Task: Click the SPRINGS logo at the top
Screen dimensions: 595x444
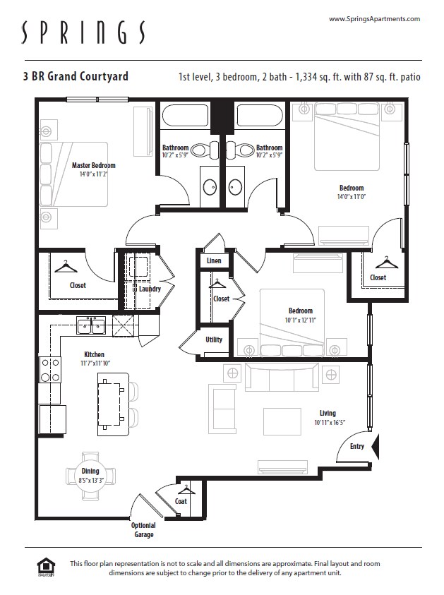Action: click(84, 32)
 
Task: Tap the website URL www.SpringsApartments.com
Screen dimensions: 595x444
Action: click(374, 19)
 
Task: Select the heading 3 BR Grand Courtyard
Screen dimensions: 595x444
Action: click(76, 76)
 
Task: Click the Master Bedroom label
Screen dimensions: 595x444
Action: click(93, 166)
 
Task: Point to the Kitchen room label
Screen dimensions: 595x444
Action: click(94, 355)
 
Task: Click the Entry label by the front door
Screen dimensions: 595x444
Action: click(356, 446)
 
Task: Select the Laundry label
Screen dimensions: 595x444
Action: click(150, 289)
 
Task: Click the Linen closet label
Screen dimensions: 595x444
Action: click(214, 261)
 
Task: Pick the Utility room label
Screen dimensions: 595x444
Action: click(213, 339)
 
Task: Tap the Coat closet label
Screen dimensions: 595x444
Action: click(181, 501)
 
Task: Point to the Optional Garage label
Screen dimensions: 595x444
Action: click(143, 530)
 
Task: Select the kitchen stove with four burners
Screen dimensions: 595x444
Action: click(49, 370)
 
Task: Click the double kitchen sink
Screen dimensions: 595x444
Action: click(91, 326)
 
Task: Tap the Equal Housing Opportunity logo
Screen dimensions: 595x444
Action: click(46, 567)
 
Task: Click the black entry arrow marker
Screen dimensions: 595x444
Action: click(376, 446)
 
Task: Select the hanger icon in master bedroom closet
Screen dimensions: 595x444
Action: click(66, 267)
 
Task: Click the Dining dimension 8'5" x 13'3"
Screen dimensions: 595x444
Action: click(90, 481)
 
